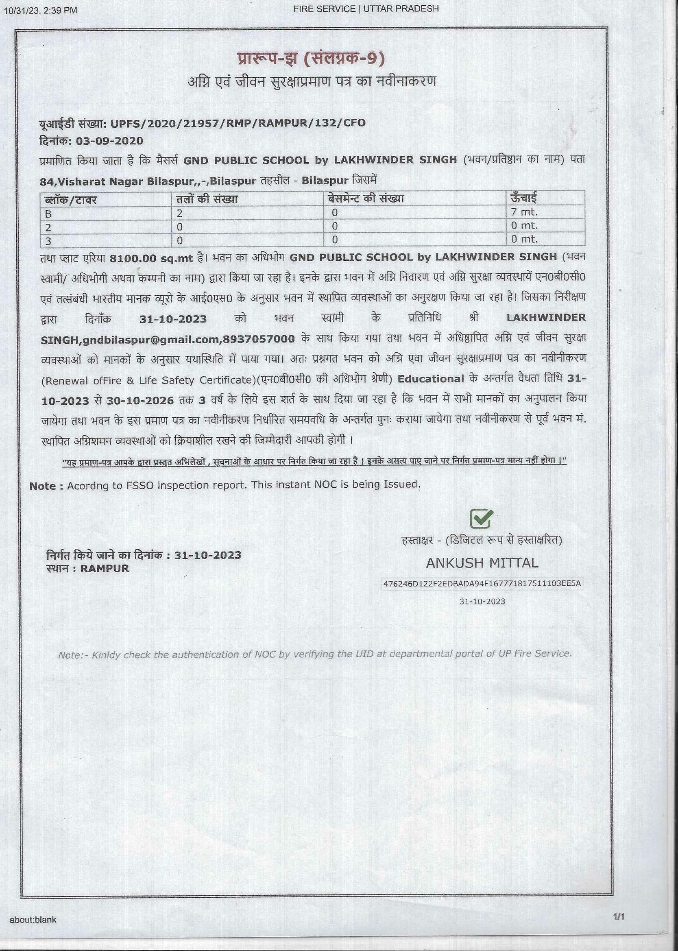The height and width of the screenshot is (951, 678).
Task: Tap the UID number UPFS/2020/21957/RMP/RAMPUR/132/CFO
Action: [x=238, y=123]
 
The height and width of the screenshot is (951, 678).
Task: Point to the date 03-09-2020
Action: [x=109, y=141]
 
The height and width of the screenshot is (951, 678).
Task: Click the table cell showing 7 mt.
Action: [x=524, y=212]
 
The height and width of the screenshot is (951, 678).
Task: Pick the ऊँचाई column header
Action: [x=523, y=198]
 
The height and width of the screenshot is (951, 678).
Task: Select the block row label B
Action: [x=48, y=214]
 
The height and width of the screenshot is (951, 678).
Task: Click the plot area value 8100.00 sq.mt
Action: [x=151, y=258]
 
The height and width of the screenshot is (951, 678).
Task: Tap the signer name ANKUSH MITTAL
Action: [x=482, y=563]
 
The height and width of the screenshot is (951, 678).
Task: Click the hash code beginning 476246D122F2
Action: [x=482, y=583]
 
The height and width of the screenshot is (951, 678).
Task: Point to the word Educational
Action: [x=431, y=379]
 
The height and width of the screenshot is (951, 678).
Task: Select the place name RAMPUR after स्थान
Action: [x=105, y=568]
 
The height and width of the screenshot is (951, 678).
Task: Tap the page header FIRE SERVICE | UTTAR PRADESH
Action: [x=366, y=9]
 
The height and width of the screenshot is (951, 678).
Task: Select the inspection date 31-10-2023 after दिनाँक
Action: [x=173, y=319]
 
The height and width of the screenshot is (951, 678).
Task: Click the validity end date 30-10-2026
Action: [x=140, y=401]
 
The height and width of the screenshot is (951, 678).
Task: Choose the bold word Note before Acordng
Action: [x=43, y=486]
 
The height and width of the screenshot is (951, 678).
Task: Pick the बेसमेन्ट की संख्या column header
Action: [x=366, y=198]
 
